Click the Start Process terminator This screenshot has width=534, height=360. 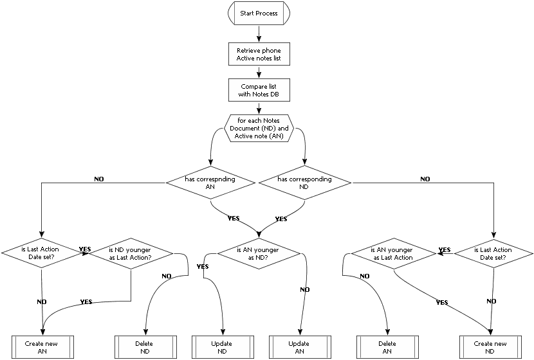tap(259, 12)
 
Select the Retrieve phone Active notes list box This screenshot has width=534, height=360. tap(259, 54)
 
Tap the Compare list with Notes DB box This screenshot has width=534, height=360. tap(259, 91)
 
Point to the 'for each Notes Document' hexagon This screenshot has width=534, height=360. tap(259, 128)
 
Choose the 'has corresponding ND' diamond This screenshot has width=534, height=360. tap(305, 183)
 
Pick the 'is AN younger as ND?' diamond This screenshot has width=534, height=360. tap(258, 254)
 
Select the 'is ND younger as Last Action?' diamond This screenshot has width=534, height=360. tap(131, 254)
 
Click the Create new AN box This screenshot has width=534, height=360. tap(43, 347)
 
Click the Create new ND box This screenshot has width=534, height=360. tap(491, 347)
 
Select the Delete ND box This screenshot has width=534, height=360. tap(144, 347)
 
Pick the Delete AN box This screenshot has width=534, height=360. tap(387, 347)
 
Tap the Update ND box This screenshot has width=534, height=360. tap(222, 347)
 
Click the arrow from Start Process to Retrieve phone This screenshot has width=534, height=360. tap(259, 33)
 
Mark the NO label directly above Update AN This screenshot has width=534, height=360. tap(305, 289)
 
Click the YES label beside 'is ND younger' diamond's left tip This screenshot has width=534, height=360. tap(84, 249)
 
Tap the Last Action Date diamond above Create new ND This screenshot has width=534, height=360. tap(492, 254)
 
